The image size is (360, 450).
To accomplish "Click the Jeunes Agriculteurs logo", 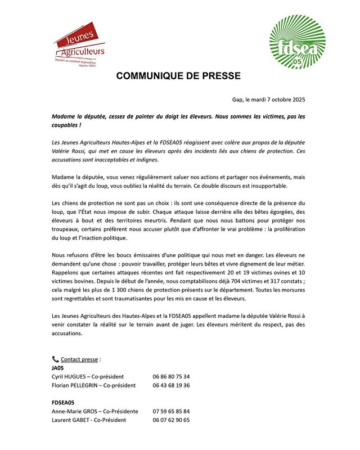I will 79,44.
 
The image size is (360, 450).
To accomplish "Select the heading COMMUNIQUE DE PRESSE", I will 178,76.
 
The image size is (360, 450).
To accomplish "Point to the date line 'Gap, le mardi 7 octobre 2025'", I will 268,100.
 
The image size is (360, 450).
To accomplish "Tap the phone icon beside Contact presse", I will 55,359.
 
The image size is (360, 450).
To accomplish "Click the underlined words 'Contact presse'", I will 80,359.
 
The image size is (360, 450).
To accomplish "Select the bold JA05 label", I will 57,368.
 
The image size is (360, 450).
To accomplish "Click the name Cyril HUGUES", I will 72,377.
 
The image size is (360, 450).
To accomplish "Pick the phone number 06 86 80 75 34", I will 171,377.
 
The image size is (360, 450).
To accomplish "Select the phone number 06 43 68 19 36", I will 171,385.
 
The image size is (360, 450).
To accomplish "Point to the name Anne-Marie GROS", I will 75,411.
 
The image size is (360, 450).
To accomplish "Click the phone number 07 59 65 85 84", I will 171,411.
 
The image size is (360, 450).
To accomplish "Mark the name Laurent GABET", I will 71,420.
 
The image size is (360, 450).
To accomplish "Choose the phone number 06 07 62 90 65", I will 171,420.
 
